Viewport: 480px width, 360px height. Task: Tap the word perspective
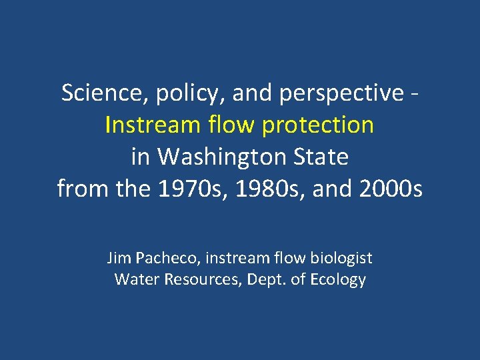tap(341, 94)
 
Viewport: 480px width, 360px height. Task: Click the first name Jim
tap(118, 257)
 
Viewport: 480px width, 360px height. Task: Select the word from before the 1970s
tap(83, 189)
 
